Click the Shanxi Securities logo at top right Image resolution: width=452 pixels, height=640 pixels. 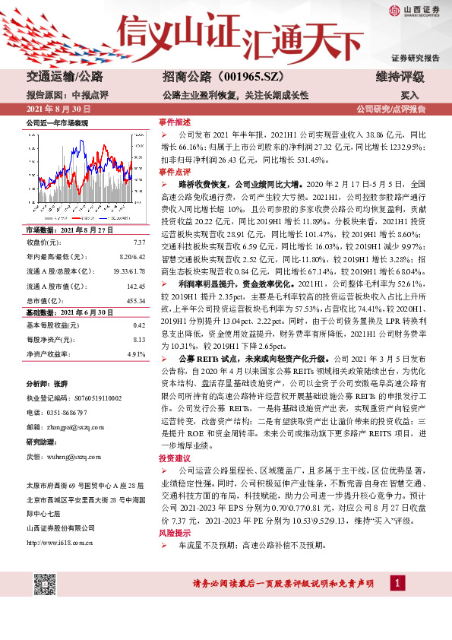416,11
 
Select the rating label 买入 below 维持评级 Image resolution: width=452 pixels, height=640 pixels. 410,96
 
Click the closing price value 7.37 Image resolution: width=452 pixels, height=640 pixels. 139,242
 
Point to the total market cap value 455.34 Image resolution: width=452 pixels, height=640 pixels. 135,301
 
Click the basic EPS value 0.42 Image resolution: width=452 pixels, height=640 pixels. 139,325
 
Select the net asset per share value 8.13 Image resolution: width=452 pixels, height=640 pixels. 139,339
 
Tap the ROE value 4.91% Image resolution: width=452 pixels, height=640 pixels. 136,353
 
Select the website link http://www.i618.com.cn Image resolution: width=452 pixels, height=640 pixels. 60,542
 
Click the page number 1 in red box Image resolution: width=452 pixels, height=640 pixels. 396,582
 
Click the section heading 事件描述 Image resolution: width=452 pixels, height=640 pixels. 174,122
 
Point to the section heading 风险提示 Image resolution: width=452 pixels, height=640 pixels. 174,535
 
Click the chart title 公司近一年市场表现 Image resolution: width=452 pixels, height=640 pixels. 58,122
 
